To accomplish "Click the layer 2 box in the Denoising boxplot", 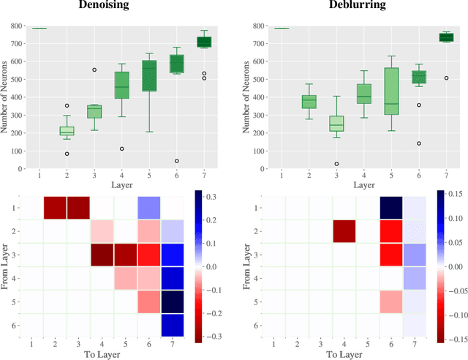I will coord(67,130).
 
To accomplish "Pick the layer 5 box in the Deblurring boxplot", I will coord(391,91).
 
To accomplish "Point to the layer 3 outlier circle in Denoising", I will coord(94,70).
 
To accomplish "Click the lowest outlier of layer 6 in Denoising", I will coord(176,161).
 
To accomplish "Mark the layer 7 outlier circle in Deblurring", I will coord(446,78).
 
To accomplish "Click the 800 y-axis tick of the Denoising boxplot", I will coord(16,27).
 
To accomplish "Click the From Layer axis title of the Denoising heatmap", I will coord(7,266).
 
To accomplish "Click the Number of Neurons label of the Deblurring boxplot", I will coord(246,97).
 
